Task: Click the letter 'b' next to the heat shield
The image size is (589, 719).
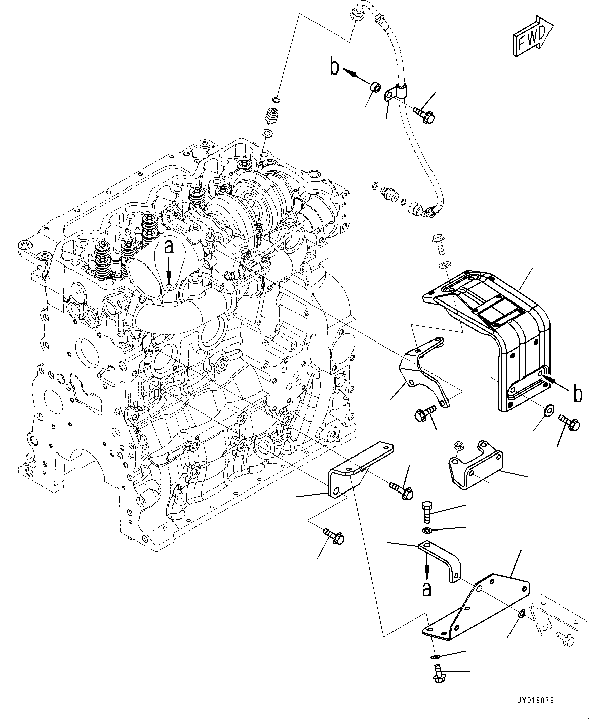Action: (578, 393)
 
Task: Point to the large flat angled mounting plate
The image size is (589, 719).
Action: (476, 608)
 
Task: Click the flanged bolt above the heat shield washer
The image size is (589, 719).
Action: (438, 243)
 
